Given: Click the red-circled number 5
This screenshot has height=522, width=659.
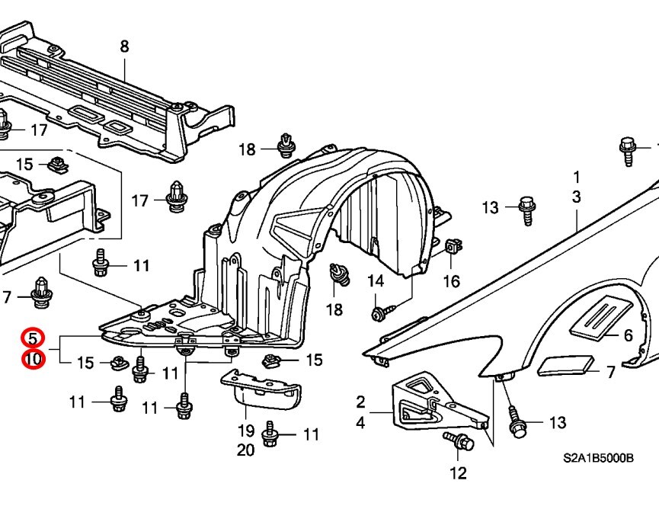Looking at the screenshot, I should coord(34,338).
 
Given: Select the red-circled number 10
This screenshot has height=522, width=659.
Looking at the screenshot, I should coord(34,357).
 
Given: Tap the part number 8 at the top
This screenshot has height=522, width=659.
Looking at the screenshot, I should coord(124,46).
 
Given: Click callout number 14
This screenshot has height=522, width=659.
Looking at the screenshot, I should coord(376,282).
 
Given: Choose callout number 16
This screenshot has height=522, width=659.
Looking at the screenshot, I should coord(452,281).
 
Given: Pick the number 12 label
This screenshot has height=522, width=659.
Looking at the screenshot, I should coord(457,473).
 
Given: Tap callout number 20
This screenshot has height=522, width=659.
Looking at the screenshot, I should coord(245,450).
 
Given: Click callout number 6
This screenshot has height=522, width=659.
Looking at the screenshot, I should coord(628,335).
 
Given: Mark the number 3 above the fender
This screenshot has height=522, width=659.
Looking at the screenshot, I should coord(577,197).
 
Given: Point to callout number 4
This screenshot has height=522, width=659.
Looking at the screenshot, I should coord(360,421).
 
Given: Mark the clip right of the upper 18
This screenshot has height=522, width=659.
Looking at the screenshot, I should coord(286,144).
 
